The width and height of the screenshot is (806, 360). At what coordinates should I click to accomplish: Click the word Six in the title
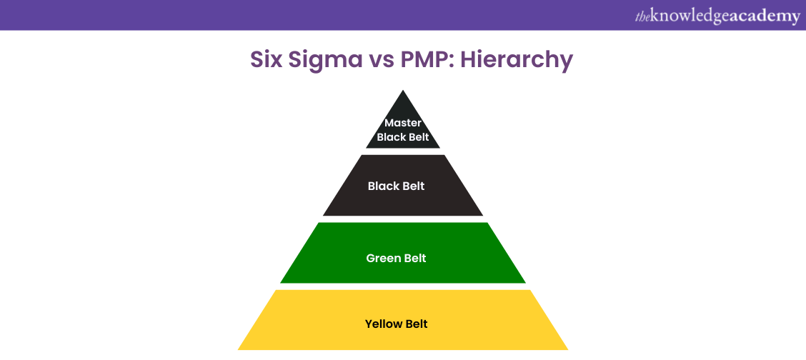click(x=266, y=60)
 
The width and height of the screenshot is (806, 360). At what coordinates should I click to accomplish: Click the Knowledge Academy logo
click(x=717, y=16)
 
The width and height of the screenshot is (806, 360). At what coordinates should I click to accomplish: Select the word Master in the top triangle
click(x=403, y=123)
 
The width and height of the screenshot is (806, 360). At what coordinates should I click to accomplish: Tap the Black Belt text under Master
click(x=403, y=137)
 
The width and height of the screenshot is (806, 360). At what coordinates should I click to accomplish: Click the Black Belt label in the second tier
click(x=396, y=186)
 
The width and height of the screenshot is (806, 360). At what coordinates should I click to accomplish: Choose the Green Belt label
click(x=396, y=258)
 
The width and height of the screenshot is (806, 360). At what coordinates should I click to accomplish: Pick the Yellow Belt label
click(x=396, y=324)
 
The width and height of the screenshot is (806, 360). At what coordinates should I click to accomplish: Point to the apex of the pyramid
click(x=403, y=91)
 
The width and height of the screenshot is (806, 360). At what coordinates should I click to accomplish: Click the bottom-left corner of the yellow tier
click(x=239, y=349)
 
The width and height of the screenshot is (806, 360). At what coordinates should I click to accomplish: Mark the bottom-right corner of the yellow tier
click(x=567, y=349)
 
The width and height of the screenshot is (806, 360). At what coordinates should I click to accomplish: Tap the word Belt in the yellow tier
click(x=416, y=324)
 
